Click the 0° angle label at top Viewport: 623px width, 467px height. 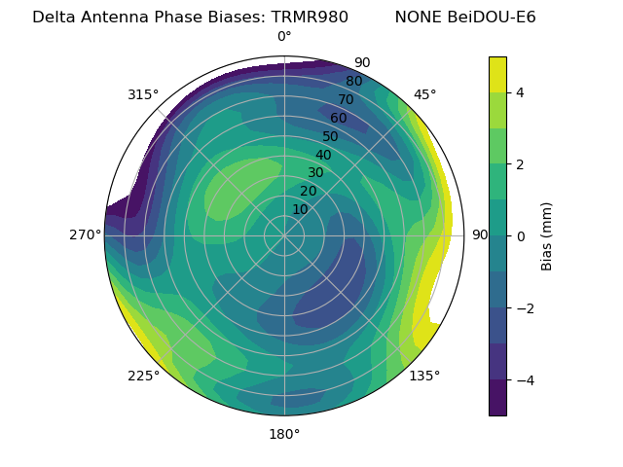click(x=284, y=37)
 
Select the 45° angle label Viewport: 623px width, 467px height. click(x=424, y=94)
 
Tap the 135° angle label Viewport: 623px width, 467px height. click(x=424, y=376)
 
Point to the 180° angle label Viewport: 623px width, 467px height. click(x=284, y=434)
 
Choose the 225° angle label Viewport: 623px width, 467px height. click(x=143, y=377)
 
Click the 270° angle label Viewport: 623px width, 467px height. click(x=85, y=234)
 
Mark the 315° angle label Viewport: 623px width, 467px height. click(x=143, y=94)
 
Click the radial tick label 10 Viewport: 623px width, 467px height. click(x=300, y=209)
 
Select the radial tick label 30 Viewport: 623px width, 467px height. click(x=315, y=173)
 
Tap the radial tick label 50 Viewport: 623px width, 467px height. click(x=330, y=137)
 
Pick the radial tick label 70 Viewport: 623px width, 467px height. click(x=346, y=100)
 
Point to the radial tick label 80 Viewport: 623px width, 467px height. click(x=353, y=82)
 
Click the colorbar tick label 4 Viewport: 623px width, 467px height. click(x=521, y=92)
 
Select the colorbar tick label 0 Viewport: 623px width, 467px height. click(x=521, y=235)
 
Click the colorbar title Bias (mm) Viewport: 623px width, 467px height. click(x=547, y=235)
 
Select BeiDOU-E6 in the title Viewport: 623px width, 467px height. click(x=491, y=17)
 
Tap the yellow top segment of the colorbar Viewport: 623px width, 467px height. click(x=497, y=74)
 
